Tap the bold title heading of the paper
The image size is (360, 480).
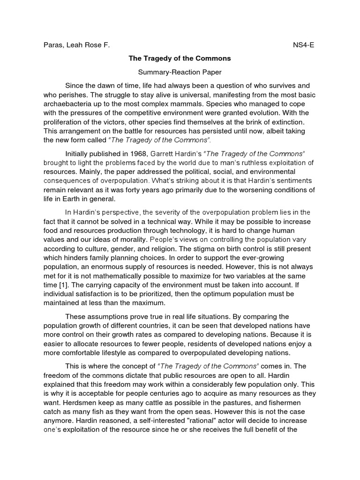pyautogui.click(x=180, y=59)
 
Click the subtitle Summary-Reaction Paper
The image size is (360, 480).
pyautogui.click(x=180, y=72)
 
